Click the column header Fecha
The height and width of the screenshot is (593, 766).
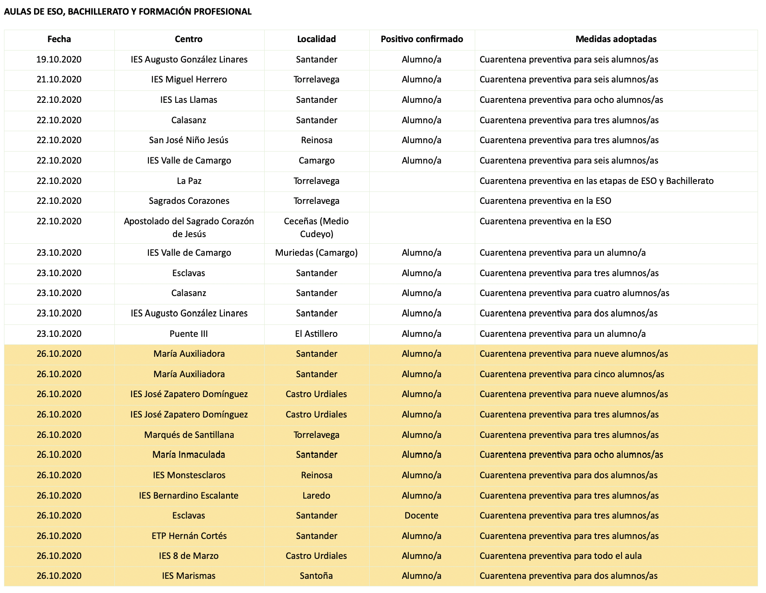[x=59, y=39]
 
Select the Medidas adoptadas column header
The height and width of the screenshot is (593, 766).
[x=616, y=39]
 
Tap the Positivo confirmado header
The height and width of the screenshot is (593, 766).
[x=422, y=39]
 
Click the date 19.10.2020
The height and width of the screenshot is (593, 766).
[x=59, y=59]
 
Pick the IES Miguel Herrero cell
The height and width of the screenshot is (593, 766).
[x=189, y=79]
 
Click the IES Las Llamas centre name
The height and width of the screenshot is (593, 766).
[x=189, y=100]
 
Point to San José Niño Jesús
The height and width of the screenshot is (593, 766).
[x=189, y=140]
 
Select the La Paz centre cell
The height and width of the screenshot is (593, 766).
[x=189, y=181]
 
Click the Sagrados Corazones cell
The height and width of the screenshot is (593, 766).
[x=189, y=201]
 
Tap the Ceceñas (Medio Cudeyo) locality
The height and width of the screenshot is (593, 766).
[x=317, y=227]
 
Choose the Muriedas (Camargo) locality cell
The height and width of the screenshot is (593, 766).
[x=317, y=253]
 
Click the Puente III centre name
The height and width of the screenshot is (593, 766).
[x=189, y=334]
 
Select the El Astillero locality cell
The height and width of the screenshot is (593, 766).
[x=317, y=334]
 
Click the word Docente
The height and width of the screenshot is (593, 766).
[x=422, y=515]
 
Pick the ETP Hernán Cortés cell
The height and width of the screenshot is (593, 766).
[x=189, y=536]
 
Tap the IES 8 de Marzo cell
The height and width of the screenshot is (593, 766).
[x=189, y=556]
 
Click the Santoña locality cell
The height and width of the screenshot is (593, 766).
[x=317, y=576]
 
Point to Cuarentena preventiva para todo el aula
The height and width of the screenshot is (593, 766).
[x=560, y=556]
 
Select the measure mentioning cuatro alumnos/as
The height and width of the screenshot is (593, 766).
[x=574, y=293]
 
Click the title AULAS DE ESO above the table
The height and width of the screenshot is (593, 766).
[x=128, y=12]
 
